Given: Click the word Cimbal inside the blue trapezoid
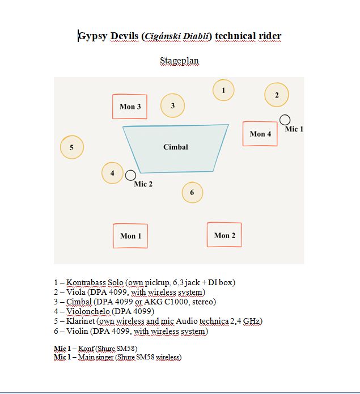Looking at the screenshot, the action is [x=176, y=147].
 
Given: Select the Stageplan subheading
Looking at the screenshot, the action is [x=179, y=61].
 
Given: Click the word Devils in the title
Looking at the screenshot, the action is [x=124, y=36].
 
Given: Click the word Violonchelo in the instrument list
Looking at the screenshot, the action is [x=88, y=311].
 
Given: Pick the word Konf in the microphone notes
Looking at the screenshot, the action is [x=86, y=349].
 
